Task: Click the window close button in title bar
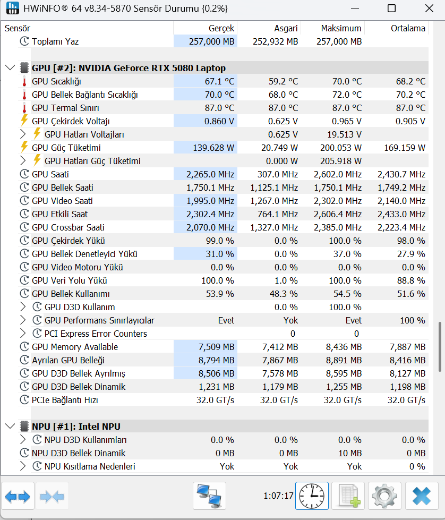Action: [429, 8]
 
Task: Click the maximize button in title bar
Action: [391, 8]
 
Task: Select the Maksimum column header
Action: [341, 28]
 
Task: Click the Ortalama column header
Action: [408, 28]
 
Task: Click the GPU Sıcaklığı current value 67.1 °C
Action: [212, 81]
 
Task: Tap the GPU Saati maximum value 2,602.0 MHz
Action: [337, 174]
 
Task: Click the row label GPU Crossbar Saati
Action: [68, 227]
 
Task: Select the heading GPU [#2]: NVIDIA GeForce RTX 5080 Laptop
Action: [129, 68]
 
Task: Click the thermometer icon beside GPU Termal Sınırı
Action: [24, 108]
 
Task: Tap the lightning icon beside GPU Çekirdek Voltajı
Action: [24, 121]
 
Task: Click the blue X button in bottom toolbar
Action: [422, 496]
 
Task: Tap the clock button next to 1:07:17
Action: [312, 496]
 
